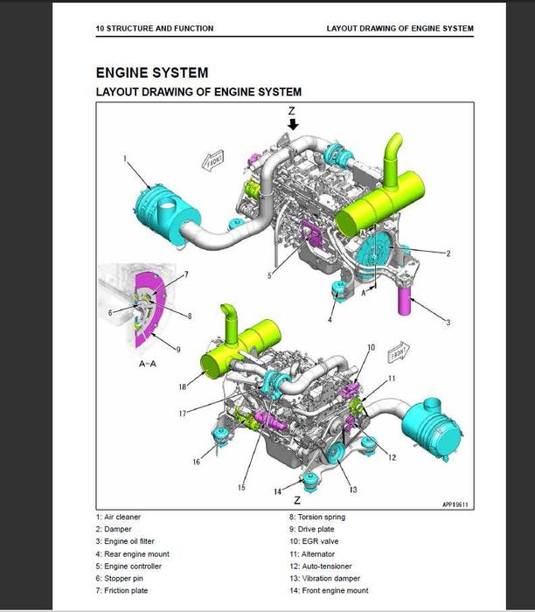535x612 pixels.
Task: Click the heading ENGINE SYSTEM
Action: [x=151, y=73]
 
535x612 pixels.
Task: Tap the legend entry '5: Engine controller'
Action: [x=129, y=566]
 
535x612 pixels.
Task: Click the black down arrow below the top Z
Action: [x=293, y=124]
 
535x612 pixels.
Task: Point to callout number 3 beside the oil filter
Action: [x=448, y=323]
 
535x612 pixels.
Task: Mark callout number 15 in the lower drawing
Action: [x=242, y=486]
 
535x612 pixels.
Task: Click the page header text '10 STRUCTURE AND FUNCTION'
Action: [x=154, y=29]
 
